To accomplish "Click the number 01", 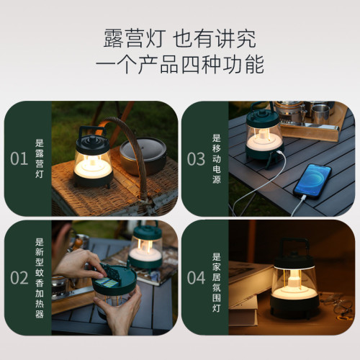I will coord(19,158).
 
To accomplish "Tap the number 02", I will coord(19,277).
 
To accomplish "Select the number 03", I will coord(197,158).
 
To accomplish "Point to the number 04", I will coord(197,277).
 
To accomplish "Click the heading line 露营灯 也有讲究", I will coord(180,37).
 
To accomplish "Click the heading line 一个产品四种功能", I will coord(180,65).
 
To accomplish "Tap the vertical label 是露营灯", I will coord(40,158).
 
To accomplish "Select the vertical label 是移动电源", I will coord(216,158).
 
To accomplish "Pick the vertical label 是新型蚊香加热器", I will coord(40,277).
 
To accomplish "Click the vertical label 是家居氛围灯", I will coord(216,277).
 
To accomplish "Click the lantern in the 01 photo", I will coord(92,157).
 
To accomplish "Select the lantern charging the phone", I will coord(264,137).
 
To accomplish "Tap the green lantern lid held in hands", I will coord(115,282).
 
